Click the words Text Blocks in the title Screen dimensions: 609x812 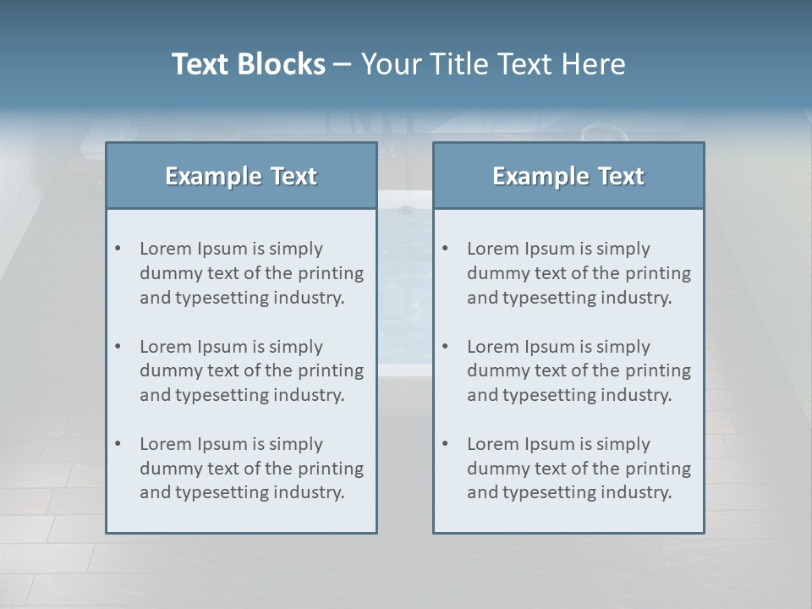248,64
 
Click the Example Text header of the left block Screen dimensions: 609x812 241,176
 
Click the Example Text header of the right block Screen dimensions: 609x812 568,176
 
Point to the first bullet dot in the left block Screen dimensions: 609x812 118,249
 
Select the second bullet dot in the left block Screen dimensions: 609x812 118,347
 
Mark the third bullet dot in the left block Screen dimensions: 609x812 118,444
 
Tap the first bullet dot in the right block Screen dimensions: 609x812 446,249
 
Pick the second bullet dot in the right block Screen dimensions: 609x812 446,347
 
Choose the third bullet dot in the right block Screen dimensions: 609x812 446,444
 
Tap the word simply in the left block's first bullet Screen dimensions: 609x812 296,249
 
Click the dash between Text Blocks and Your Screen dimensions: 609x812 343,65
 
